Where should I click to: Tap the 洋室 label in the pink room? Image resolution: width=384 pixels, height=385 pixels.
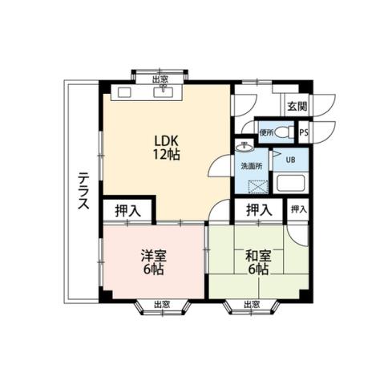[x=154, y=257]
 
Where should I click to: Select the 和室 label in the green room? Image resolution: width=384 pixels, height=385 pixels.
[x=257, y=257]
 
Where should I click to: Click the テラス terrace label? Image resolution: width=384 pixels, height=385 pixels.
[x=83, y=191]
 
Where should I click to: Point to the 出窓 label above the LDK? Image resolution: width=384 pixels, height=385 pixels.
[x=160, y=79]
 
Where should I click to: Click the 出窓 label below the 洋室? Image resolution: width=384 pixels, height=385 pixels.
[x=160, y=304]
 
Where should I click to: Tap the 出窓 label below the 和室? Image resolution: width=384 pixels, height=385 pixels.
[x=250, y=304]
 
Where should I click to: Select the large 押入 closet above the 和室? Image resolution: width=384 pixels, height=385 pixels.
[x=258, y=210]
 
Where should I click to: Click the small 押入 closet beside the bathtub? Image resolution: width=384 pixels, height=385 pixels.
[x=298, y=209]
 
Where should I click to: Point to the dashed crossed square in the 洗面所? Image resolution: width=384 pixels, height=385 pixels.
[x=259, y=187]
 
